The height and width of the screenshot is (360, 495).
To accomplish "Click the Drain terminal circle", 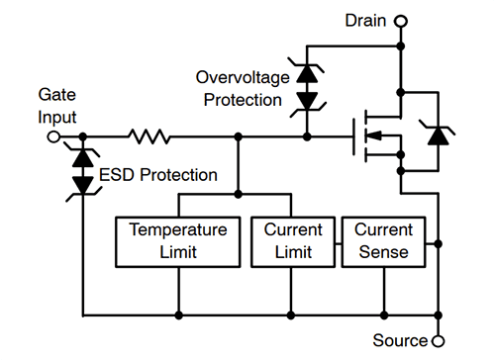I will click(400, 19).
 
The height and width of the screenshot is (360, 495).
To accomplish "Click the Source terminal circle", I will click(437, 341).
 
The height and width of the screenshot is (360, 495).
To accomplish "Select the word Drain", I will click(364, 19).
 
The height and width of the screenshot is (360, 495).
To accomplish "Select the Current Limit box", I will click(293, 240).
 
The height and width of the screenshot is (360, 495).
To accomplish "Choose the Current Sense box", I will click(382, 240).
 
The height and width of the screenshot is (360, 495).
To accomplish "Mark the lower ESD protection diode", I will click(84, 186).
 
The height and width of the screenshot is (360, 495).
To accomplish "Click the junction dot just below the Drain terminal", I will click(400, 45).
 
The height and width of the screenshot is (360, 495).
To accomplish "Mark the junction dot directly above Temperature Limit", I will click(237, 192).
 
